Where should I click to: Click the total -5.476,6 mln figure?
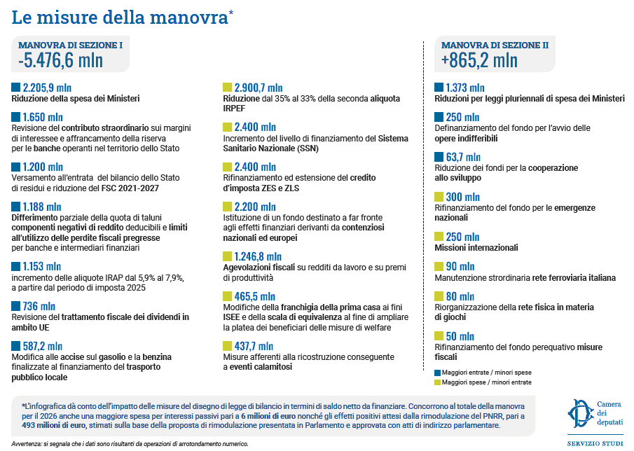pyautogui.click(x=61, y=60)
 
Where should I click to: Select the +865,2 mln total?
pyautogui.click(x=479, y=60)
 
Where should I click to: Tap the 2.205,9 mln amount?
pyautogui.click(x=47, y=88)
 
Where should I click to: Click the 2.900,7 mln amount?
pyautogui.click(x=259, y=88)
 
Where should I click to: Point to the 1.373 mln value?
pyautogui.click(x=465, y=88)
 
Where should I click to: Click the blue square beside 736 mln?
pyautogui.click(x=16, y=306)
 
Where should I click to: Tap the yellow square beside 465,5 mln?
pyautogui.click(x=227, y=296)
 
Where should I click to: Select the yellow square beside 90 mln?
pyautogui.click(x=439, y=266)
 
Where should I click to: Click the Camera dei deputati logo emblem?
pyautogui.click(x=581, y=413)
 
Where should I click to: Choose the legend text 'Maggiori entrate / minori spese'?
pyautogui.click(x=486, y=372)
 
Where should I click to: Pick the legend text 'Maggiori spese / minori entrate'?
pyautogui.click(x=486, y=382)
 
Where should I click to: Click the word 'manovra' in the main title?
pyautogui.click(x=189, y=17)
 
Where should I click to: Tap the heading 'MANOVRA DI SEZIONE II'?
pyautogui.click(x=495, y=45)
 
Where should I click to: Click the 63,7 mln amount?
pyautogui.click(x=463, y=157)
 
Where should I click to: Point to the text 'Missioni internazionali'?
pyautogui.click(x=476, y=247)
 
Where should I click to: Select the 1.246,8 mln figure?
pyautogui.click(x=258, y=256)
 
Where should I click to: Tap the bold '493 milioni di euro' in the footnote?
pyautogui.click(x=54, y=425)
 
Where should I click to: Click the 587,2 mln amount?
pyautogui.click(x=43, y=347)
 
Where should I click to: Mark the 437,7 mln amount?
pyautogui.click(x=254, y=347)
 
